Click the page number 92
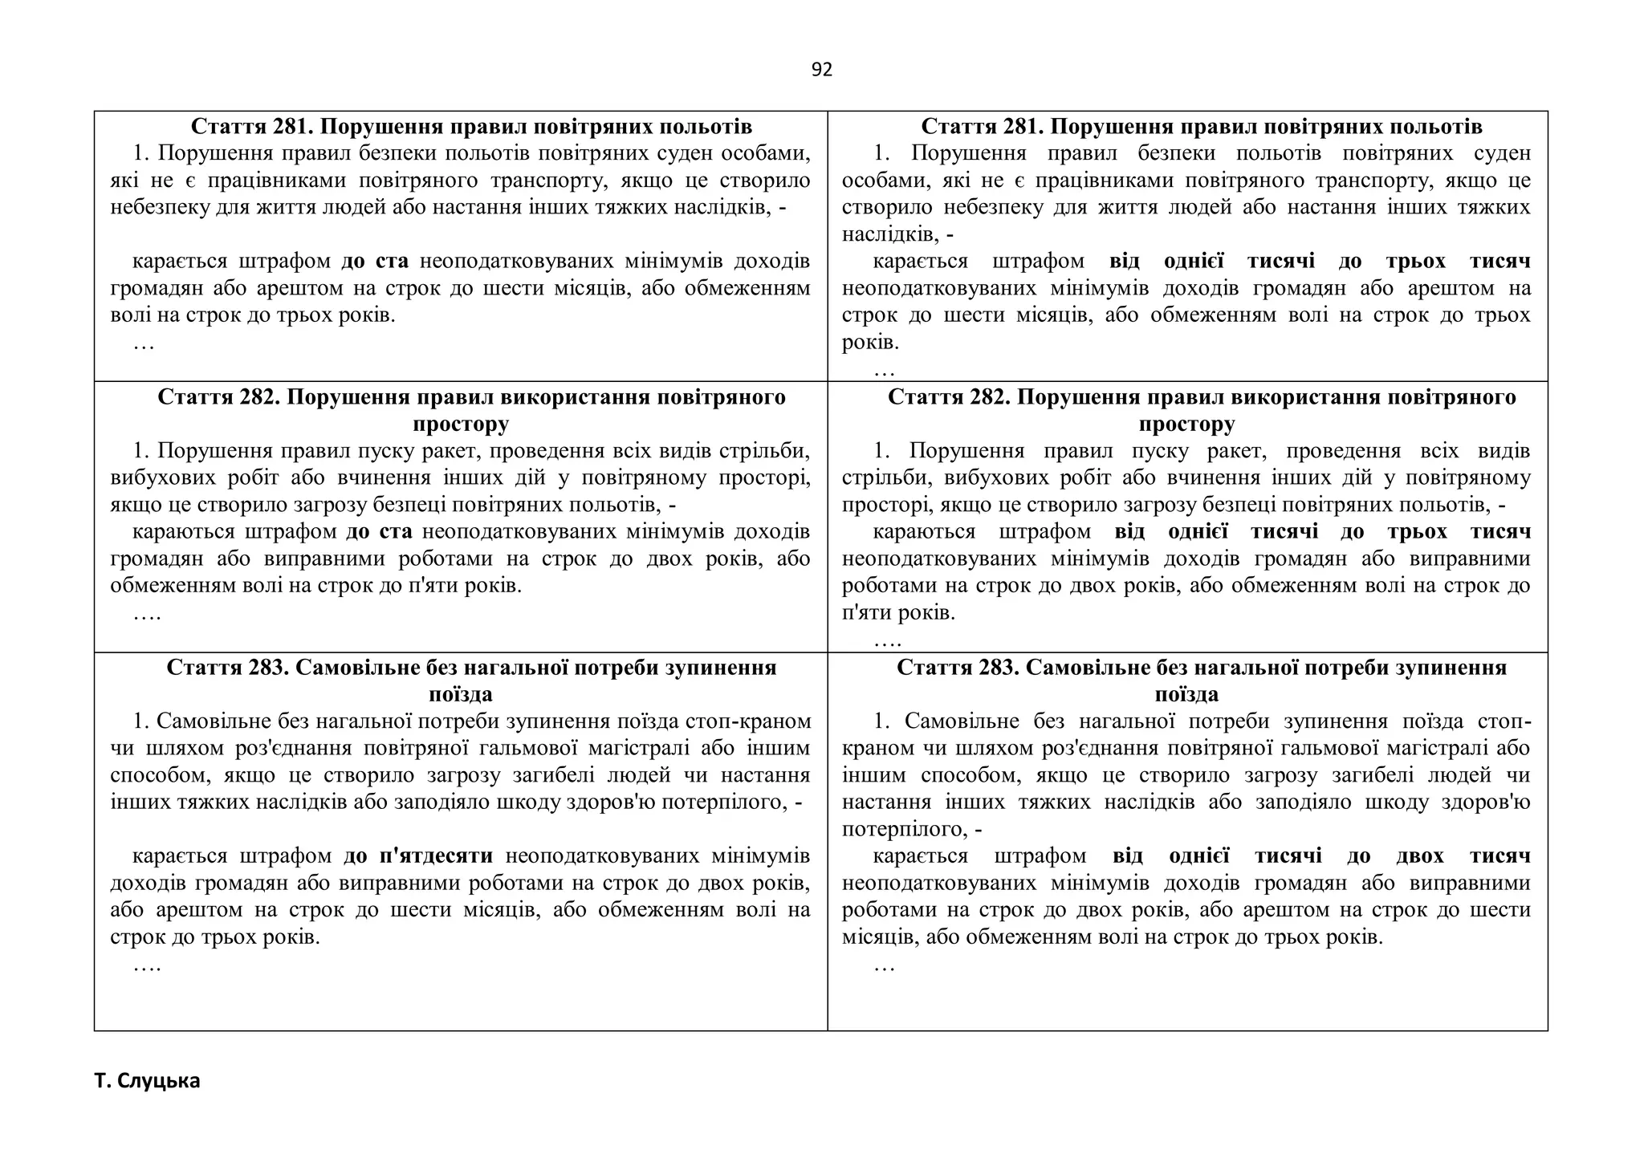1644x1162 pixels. [x=822, y=70]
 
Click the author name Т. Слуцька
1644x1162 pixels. [x=147, y=1081]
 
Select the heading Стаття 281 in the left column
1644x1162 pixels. [x=471, y=127]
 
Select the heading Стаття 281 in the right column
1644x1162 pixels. [x=1201, y=127]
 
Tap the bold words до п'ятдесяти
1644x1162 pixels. [x=418, y=856]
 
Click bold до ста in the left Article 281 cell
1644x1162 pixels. [x=375, y=262]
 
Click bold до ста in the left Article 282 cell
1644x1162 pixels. [x=379, y=532]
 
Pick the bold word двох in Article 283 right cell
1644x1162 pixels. [x=1419, y=856]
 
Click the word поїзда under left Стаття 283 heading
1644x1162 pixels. [x=460, y=694]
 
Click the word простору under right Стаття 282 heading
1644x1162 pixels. [x=1186, y=424]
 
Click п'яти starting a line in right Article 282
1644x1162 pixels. [x=865, y=613]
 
